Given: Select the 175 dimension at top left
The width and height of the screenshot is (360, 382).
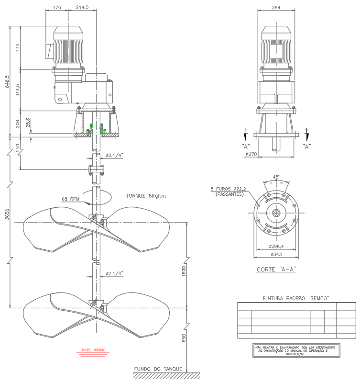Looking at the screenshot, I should coord(57,8).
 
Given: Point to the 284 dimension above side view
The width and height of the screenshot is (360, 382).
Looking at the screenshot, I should coord(275,8).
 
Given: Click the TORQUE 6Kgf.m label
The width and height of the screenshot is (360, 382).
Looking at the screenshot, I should coord(145,196).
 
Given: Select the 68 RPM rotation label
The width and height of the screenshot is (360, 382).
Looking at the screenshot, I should coord(70,199).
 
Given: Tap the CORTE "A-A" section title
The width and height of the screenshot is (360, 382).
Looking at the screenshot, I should coord(276,269).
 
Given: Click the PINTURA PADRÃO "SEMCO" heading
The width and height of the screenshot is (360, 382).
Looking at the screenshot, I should coord(296,298).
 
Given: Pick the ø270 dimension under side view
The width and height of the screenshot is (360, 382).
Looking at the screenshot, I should coord(251,154).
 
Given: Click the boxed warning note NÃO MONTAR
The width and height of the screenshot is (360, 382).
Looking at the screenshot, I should coord(296,350).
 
